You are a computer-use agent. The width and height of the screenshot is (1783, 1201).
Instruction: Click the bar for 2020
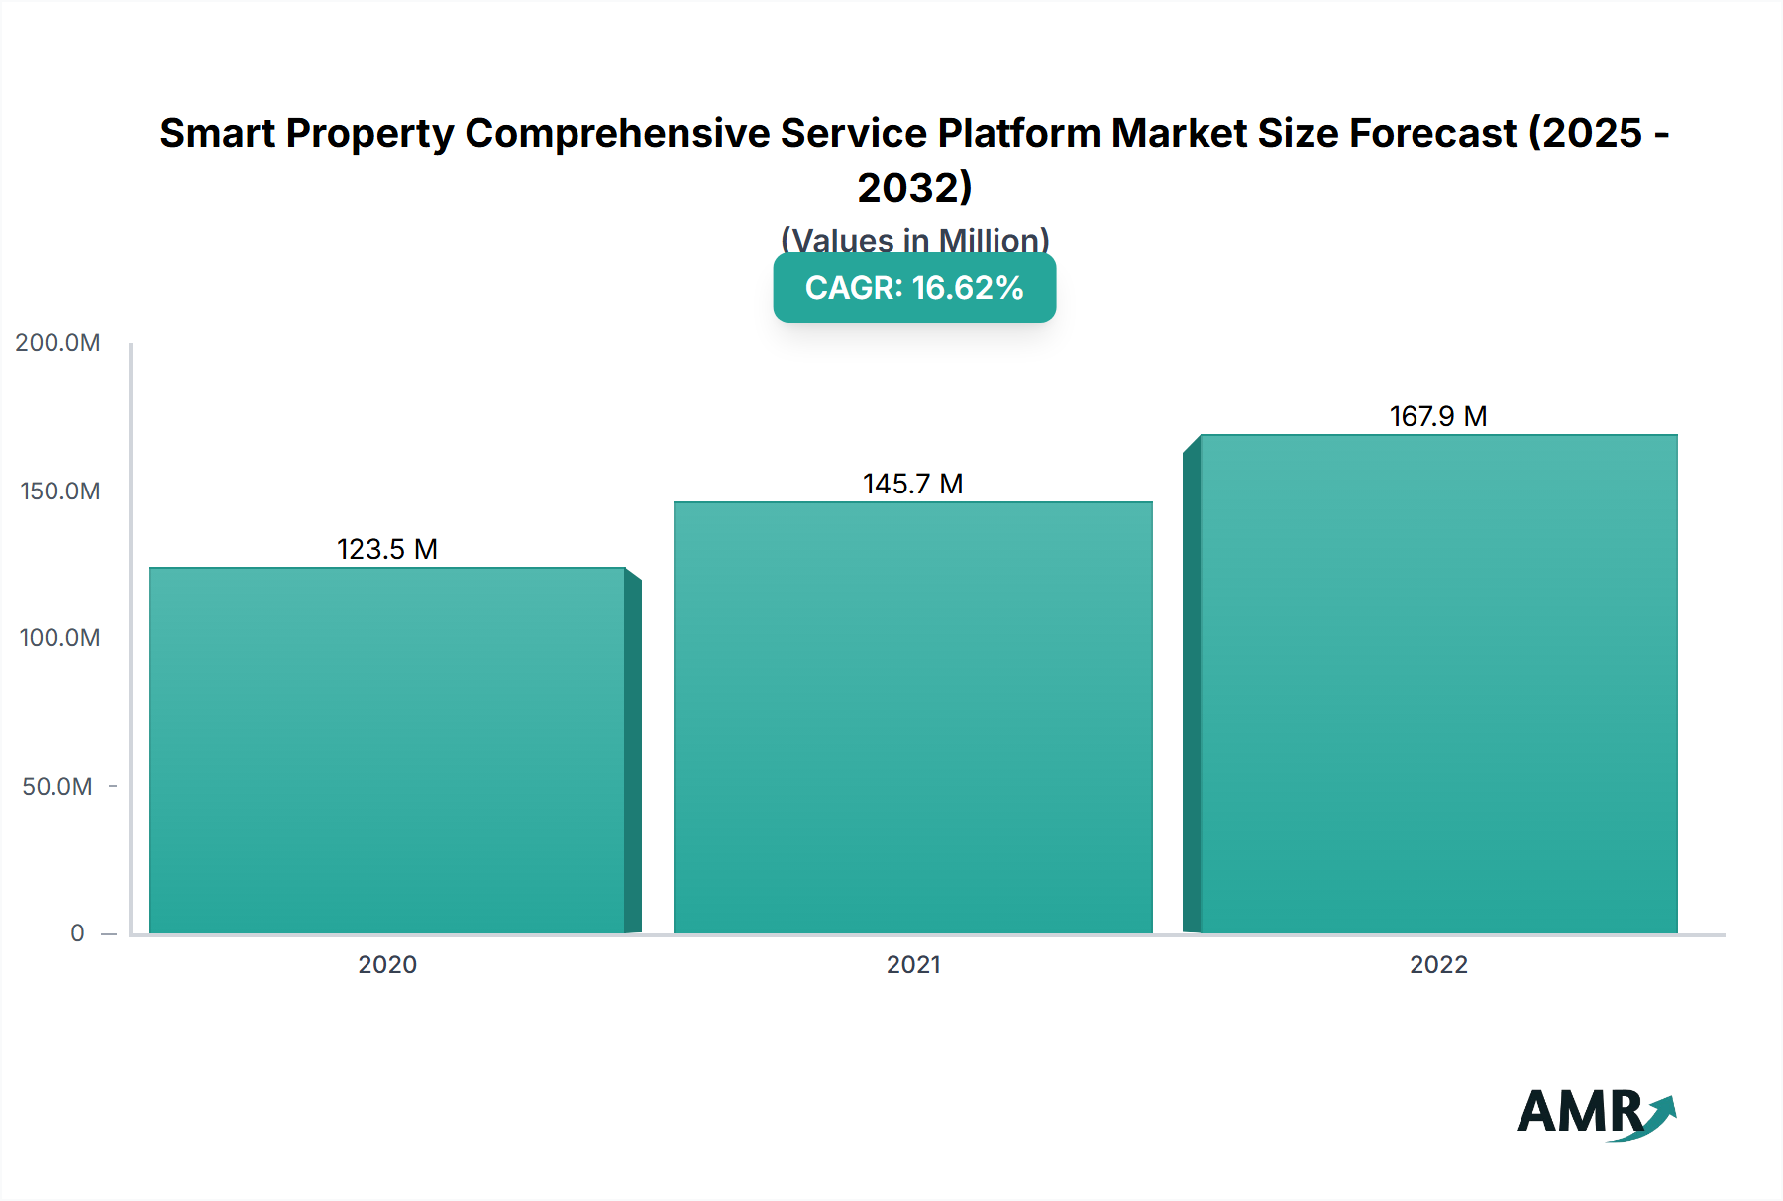[386, 750]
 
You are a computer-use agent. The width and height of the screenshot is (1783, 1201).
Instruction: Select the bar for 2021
[912, 717]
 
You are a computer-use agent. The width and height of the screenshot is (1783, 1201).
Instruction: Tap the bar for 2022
[1438, 684]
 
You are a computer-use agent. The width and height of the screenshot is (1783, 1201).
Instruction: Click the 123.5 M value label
[386, 549]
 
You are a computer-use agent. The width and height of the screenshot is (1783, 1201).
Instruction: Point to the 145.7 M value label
[912, 484]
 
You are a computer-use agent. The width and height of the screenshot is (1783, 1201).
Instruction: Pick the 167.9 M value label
[1438, 416]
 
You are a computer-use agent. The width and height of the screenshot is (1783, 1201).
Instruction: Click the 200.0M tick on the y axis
[57, 343]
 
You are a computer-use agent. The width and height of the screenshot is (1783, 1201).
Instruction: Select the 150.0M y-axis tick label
[59, 491]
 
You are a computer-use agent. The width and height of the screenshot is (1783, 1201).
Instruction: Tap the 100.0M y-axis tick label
[59, 638]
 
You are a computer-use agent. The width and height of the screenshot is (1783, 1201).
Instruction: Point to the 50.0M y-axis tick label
[57, 787]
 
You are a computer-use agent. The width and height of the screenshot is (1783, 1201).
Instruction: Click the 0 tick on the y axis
[77, 933]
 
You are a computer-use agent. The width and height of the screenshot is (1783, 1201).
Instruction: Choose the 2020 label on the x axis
[386, 965]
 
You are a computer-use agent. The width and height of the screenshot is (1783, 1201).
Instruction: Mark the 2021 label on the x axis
[912, 965]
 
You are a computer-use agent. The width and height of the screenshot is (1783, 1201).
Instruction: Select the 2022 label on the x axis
[1438, 965]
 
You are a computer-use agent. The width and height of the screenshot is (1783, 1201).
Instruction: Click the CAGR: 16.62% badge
[914, 288]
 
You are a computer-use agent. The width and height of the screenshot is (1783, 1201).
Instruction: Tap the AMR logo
[1595, 1114]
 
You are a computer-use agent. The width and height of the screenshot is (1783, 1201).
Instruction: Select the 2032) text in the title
[914, 188]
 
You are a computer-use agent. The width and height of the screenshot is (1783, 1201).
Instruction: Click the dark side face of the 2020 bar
[633, 753]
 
